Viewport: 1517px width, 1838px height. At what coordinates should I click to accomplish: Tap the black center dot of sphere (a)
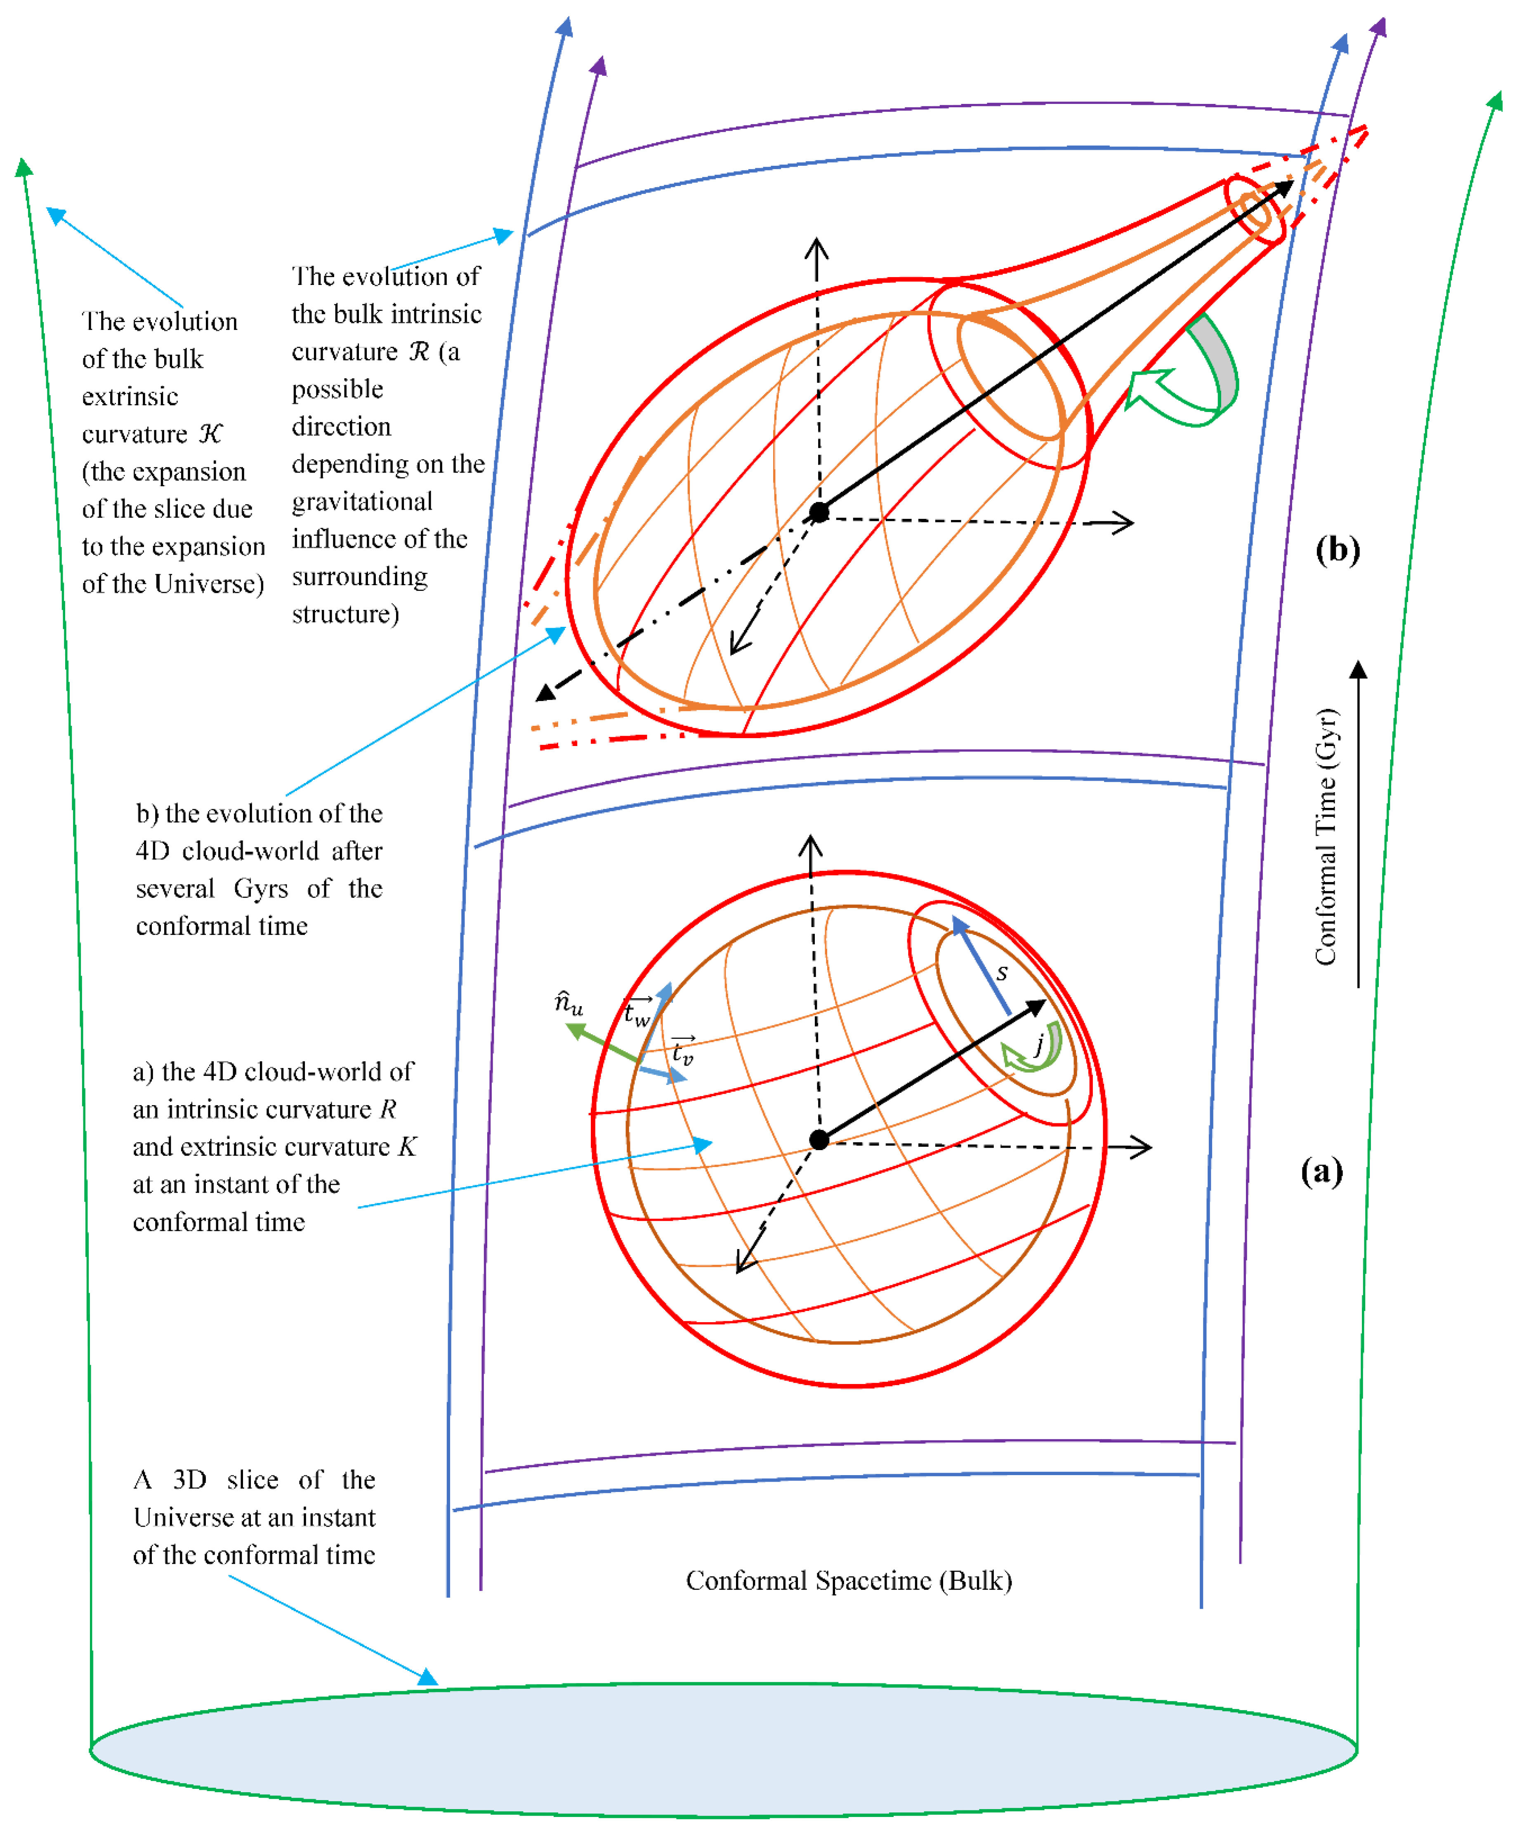(819, 1139)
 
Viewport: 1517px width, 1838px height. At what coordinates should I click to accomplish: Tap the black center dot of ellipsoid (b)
(819, 512)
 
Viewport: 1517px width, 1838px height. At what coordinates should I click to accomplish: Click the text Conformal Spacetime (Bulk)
(849, 1580)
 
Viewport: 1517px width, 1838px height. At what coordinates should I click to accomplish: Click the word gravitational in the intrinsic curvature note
(362, 501)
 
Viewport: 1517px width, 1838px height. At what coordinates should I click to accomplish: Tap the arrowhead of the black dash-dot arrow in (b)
(545, 693)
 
